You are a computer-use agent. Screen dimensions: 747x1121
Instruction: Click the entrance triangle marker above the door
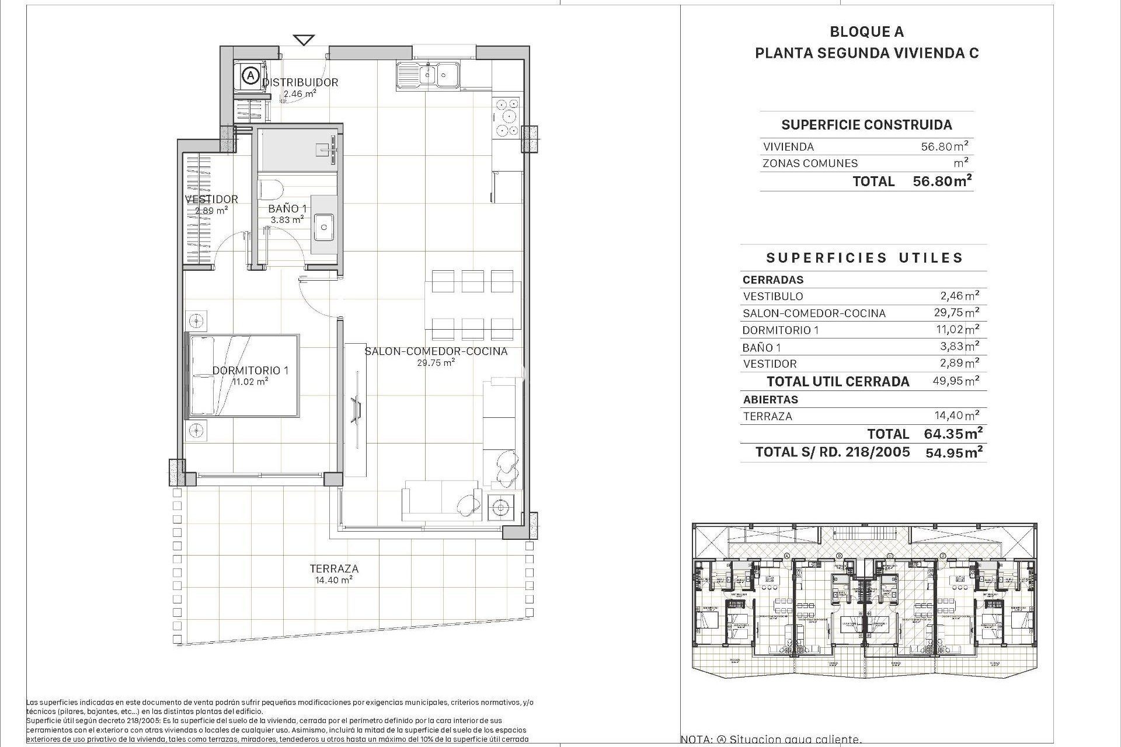[x=303, y=40]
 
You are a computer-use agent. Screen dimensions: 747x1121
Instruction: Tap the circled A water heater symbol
[x=250, y=75]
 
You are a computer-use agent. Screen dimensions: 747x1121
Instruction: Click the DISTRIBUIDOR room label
[x=300, y=82]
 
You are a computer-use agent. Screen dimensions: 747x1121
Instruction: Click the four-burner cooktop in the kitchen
[x=506, y=117]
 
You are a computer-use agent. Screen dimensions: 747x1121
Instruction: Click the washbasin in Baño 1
[x=323, y=227]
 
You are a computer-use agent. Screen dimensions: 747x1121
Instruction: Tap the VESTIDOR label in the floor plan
[x=211, y=199]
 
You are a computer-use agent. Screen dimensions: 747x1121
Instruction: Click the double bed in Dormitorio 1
[x=242, y=376]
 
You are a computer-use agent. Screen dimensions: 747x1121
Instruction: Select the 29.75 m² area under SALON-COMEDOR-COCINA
[x=436, y=362]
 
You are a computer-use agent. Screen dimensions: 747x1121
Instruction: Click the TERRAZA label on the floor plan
[x=334, y=568]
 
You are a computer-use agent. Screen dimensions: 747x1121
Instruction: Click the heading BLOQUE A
[x=866, y=32]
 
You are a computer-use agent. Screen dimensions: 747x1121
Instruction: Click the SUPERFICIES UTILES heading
[x=864, y=258]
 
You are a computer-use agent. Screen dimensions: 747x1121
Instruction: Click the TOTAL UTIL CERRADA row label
[x=838, y=382]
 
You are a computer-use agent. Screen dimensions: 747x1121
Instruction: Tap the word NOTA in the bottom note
[x=695, y=739]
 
